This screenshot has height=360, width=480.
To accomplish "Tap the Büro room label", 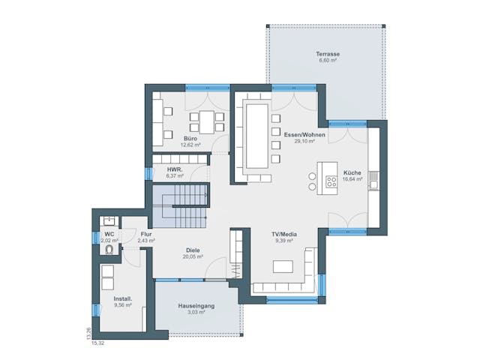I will click(191, 139).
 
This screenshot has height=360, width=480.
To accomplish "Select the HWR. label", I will click(175, 169).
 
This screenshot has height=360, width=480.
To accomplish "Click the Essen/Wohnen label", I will click(303, 134).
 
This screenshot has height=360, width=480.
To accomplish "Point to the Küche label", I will click(352, 172).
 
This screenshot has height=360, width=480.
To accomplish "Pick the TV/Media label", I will click(284, 235).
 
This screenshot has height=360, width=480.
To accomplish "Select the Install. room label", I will click(121, 298).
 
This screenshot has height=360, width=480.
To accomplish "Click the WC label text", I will click(109, 234).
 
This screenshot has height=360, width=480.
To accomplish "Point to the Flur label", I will click(146, 234).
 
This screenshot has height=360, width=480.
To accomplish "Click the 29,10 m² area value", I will click(303, 141).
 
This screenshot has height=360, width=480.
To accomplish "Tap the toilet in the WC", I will click(109, 249).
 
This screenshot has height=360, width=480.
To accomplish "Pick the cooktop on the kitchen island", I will click(331, 179).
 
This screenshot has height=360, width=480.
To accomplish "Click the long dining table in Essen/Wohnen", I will click(256, 136).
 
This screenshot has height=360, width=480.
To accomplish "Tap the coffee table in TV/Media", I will click(283, 266).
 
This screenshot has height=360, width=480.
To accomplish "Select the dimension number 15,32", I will click(98, 343).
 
